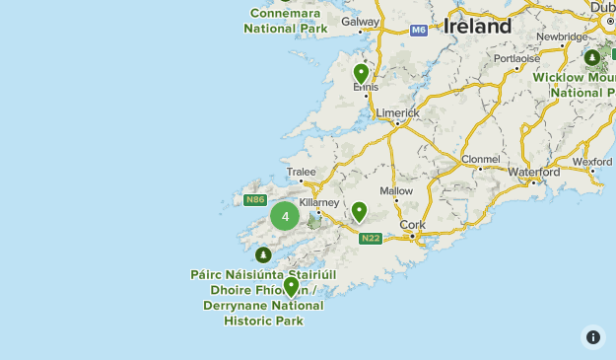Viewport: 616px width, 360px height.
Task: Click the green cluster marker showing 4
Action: tap(285, 216)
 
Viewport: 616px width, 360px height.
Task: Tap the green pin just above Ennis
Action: tap(361, 73)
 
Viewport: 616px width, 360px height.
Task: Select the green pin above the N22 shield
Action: tap(360, 211)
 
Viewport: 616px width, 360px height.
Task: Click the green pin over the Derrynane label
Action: tap(291, 287)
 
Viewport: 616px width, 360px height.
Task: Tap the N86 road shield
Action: tap(255, 200)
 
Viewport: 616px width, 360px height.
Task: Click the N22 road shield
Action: tap(371, 238)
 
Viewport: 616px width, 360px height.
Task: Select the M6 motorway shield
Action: tap(419, 31)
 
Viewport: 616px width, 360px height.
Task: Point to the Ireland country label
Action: tap(478, 27)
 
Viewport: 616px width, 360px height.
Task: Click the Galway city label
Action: tap(361, 21)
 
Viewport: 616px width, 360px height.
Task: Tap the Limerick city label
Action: tap(397, 112)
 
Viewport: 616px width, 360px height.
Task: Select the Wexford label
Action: tap(592, 162)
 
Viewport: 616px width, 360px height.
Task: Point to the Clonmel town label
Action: tap(480, 159)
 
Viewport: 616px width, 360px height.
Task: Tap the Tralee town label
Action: tap(301, 171)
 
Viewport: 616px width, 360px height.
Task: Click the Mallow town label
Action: tap(396, 190)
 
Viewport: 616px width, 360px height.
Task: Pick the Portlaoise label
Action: tap(517, 58)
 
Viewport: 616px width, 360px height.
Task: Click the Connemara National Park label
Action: tap(287, 21)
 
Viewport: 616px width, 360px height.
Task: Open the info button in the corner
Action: tap(592, 337)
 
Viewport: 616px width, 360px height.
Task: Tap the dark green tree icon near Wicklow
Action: tap(592, 57)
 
